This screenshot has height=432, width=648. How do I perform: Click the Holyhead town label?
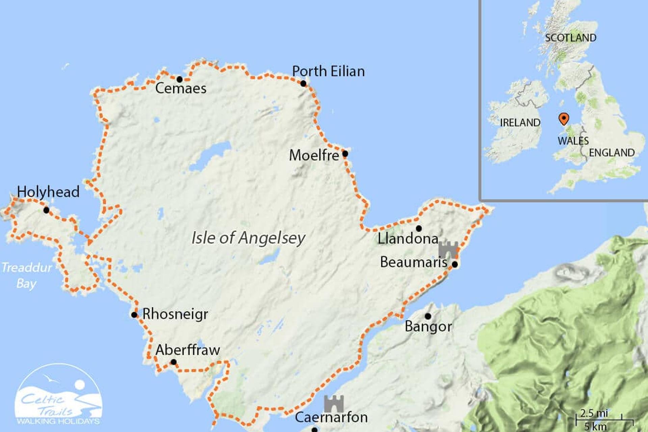tap(48, 192)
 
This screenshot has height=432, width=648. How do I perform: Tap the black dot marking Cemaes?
tap(180, 79)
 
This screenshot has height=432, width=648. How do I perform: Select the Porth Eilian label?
tap(328, 72)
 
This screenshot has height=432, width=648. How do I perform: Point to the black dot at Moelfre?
tap(345, 154)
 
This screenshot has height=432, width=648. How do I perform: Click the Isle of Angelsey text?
tap(248, 238)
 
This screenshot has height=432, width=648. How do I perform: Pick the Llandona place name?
tap(408, 239)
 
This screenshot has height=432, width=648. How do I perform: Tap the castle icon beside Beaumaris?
tap(448, 249)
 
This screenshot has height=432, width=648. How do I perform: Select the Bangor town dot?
tap(428, 316)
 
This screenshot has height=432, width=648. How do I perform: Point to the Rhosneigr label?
tap(175, 314)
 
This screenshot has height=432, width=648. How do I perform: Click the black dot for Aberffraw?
tap(173, 362)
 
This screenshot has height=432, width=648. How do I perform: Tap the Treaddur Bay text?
tap(27, 275)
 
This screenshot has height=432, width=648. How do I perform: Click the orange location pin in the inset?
tap(564, 119)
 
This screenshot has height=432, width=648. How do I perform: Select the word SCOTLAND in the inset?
tap(571, 38)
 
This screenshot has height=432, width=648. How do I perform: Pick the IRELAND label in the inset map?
tap(520, 123)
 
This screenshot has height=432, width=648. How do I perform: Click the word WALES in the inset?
tap(573, 141)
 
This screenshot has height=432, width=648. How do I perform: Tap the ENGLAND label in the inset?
tap(612, 153)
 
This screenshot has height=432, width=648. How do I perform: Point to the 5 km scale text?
tap(595, 426)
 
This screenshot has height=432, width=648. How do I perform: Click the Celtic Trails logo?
tap(58, 395)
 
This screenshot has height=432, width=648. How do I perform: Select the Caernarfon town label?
tap(331, 417)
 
